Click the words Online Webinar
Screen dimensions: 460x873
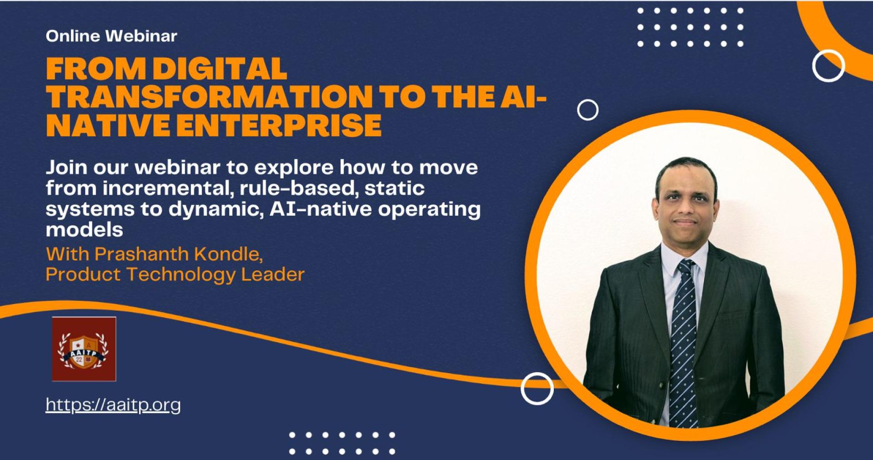111,36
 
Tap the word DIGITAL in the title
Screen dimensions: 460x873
220,69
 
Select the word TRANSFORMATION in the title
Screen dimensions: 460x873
209,97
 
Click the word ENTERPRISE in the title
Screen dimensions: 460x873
279,125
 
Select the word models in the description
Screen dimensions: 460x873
85,230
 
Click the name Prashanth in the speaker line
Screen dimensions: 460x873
141,254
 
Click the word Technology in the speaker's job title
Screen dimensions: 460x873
181,275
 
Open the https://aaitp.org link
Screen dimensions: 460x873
113,405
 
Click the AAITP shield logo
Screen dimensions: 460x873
84,349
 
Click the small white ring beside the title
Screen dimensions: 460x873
587,110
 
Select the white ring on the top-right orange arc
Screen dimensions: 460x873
828,66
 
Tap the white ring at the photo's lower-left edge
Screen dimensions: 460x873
537,389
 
